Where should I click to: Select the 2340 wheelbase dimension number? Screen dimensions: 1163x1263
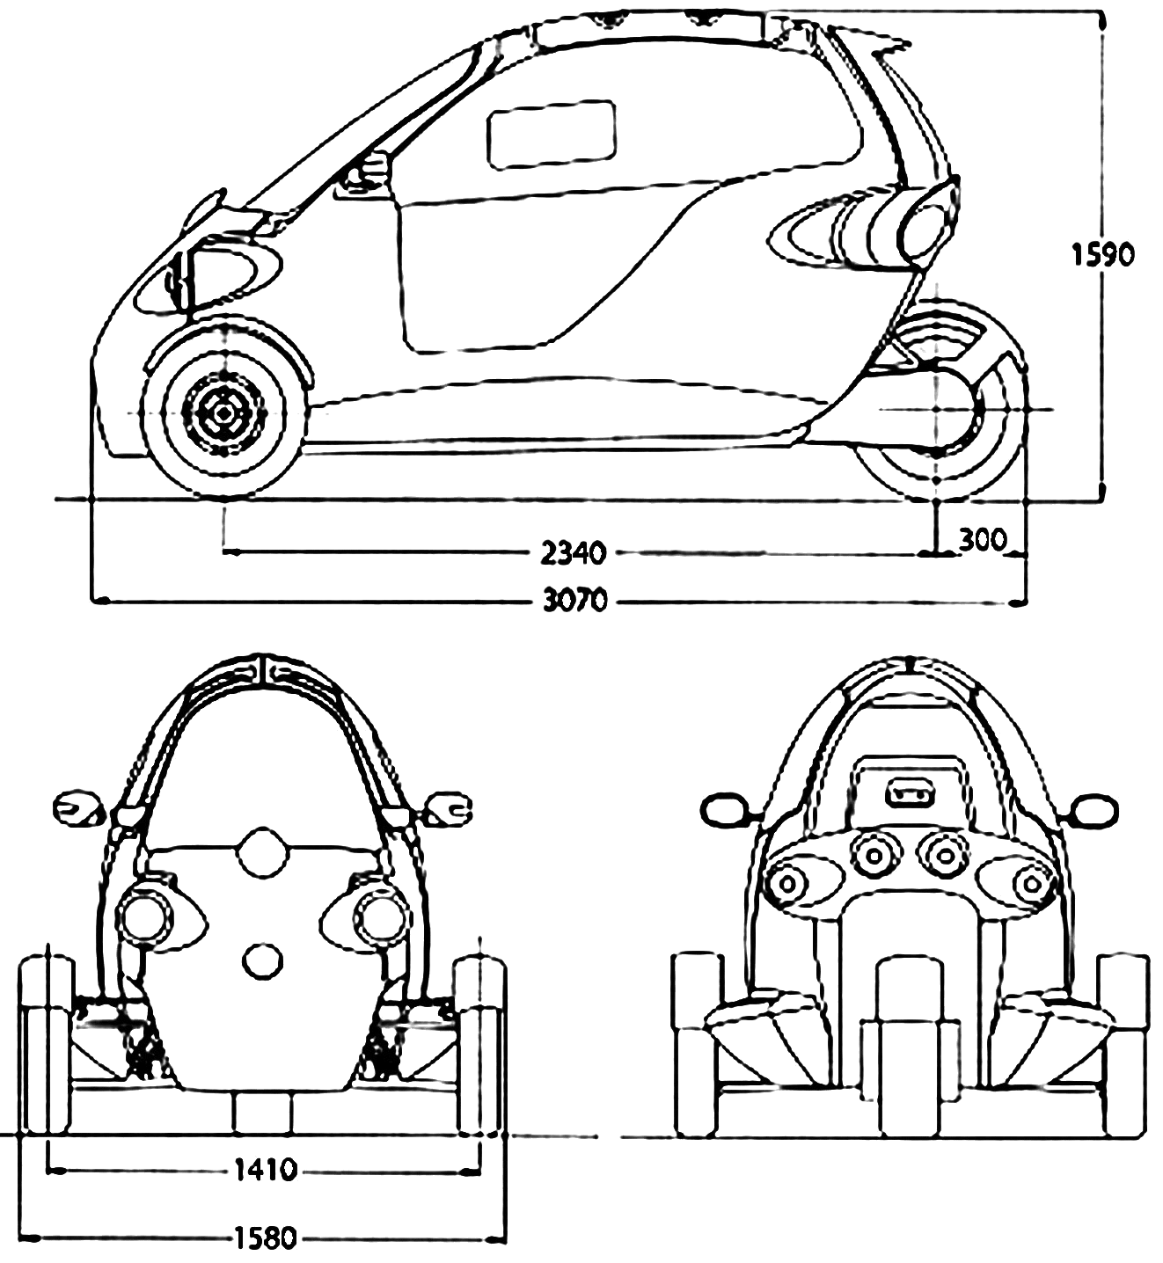[x=574, y=554]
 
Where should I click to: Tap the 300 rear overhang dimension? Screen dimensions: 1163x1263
[x=982, y=540]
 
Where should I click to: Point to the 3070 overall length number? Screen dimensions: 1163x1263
[x=575, y=602]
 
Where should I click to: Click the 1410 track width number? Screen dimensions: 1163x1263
[x=266, y=1170]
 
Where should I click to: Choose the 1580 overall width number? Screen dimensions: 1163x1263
[x=265, y=1239]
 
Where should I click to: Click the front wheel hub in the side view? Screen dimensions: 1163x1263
[x=223, y=412]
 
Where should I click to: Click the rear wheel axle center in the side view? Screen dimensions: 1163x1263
[x=938, y=410]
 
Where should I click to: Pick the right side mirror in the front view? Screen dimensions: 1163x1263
[x=450, y=807]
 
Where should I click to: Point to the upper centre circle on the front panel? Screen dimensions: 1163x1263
[x=262, y=851]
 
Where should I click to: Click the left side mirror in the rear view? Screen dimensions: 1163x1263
[x=726, y=809]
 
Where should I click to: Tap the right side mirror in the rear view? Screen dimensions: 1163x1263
[x=1094, y=809]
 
